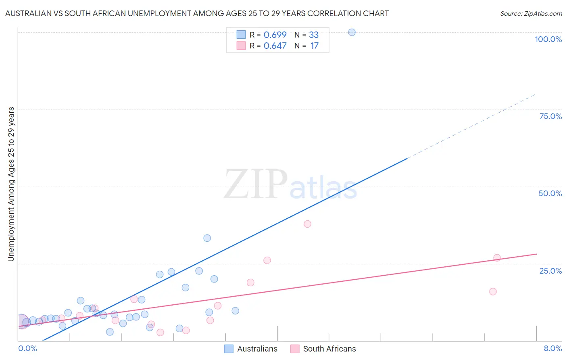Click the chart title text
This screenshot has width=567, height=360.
[x=197, y=13]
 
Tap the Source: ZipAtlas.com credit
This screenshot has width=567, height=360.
[x=531, y=13]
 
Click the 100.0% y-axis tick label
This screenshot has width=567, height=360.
[x=548, y=39]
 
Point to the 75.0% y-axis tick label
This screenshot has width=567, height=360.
[x=550, y=116]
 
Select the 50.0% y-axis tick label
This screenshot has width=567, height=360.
[x=550, y=193]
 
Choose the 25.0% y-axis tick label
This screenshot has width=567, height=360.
[x=550, y=271]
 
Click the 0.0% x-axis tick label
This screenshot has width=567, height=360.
[x=27, y=348]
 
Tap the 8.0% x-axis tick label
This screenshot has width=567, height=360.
[x=552, y=348]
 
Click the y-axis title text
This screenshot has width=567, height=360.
[x=11, y=184]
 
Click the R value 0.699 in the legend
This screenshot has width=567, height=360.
[x=275, y=35]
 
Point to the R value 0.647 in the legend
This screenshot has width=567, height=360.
[x=275, y=46]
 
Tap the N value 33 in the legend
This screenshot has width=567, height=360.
[x=314, y=35]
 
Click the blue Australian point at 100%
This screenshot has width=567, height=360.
[x=352, y=32]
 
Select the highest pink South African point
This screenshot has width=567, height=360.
[x=307, y=224]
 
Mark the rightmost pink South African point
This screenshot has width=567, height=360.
[x=497, y=257]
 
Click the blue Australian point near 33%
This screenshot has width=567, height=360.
[x=207, y=238]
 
